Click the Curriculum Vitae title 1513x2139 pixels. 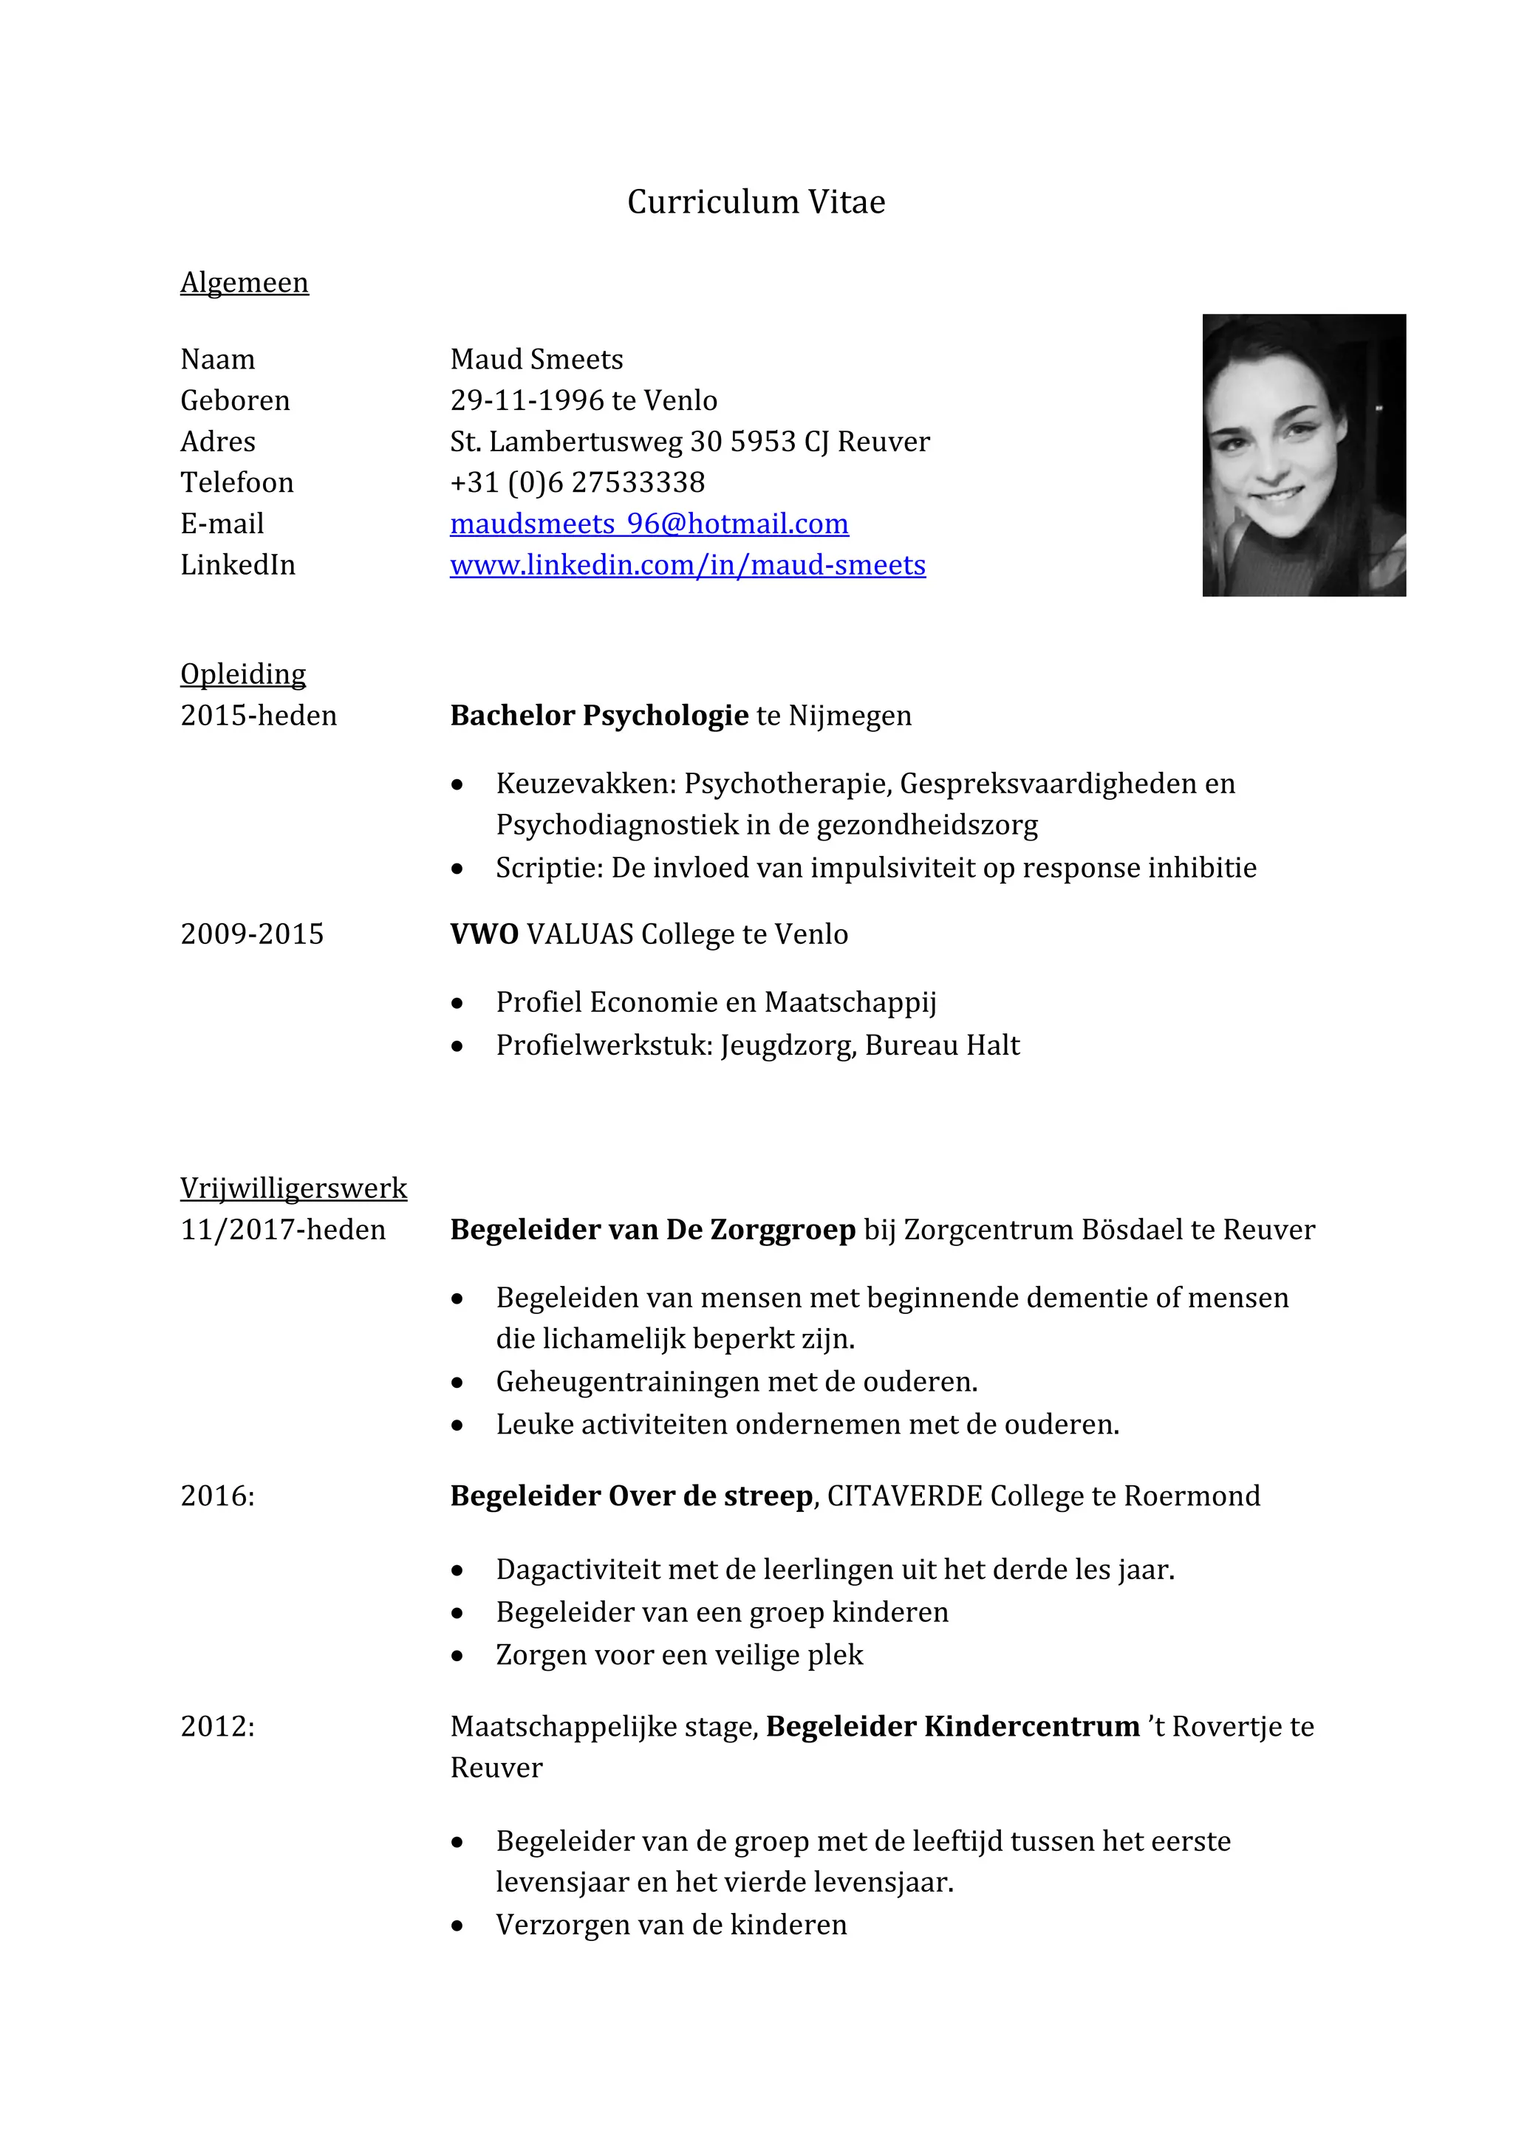click(x=756, y=202)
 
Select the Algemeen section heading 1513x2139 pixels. click(x=244, y=282)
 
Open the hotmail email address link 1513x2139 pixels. click(x=649, y=524)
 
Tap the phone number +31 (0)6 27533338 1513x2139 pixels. click(x=577, y=482)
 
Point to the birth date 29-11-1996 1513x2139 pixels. click(x=527, y=400)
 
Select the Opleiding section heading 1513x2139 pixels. click(x=243, y=674)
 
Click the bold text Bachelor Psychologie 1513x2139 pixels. click(x=599, y=716)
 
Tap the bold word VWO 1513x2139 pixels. click(x=484, y=934)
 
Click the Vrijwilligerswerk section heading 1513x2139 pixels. click(x=293, y=1188)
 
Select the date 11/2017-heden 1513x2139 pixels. click(x=282, y=1230)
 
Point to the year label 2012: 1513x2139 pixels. click(x=217, y=1726)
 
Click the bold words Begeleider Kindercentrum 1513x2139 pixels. click(x=952, y=1726)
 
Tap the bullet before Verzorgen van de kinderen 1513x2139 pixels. click(x=457, y=1926)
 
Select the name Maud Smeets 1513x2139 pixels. click(x=536, y=360)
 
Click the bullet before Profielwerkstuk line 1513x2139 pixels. click(x=457, y=1046)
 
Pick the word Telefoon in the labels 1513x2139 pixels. click(x=236, y=482)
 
